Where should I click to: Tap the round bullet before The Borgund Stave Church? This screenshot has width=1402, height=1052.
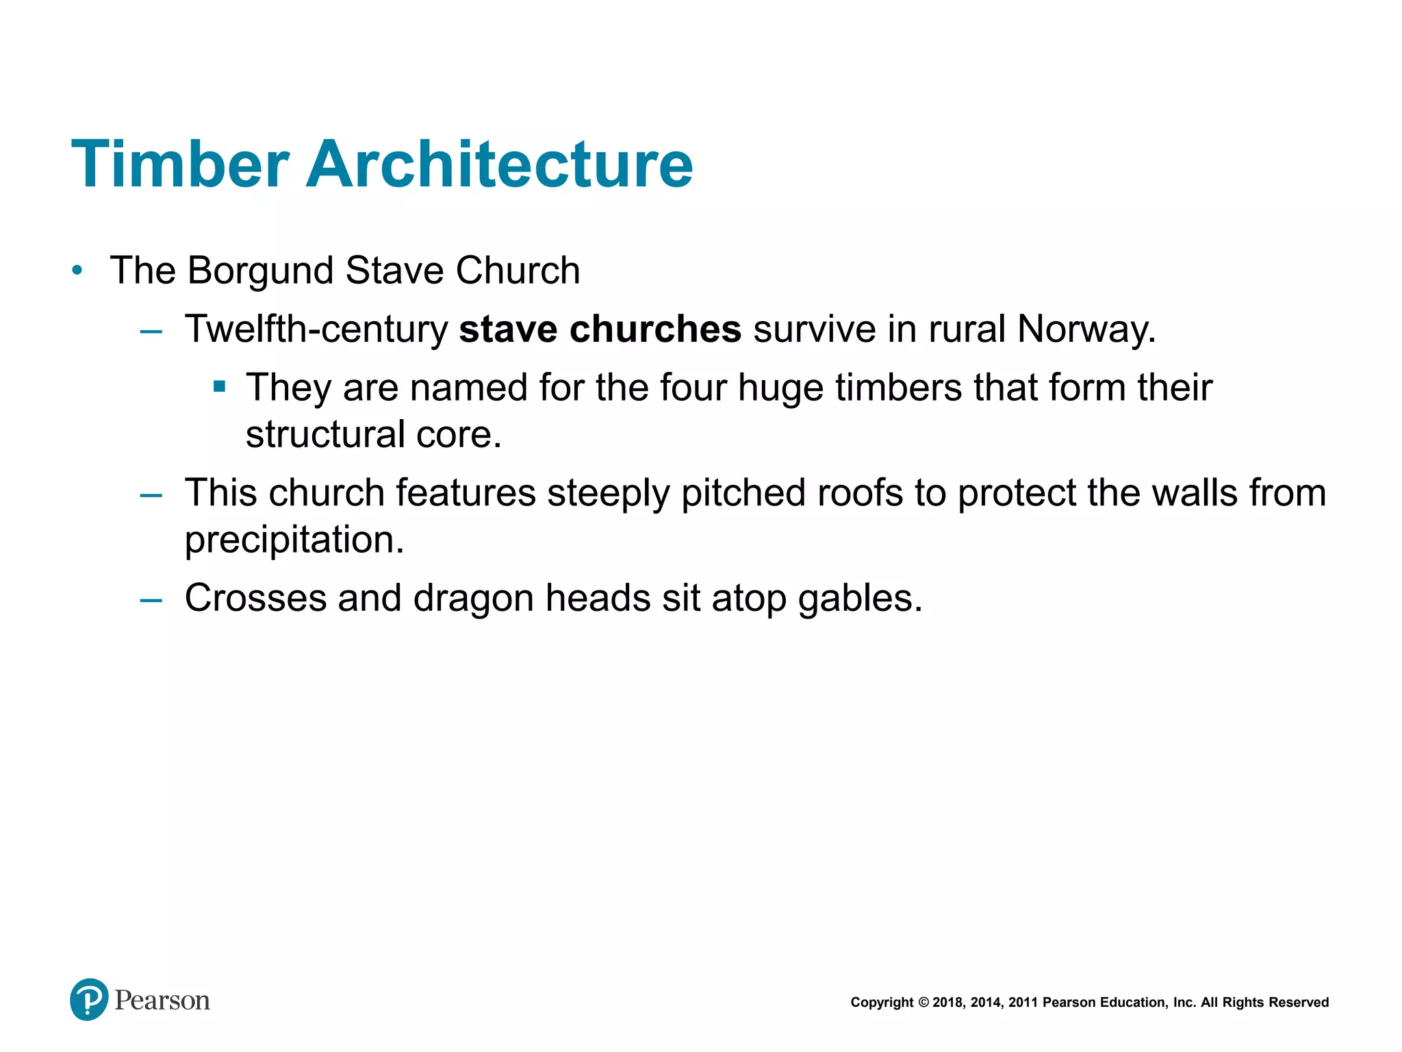[77, 271]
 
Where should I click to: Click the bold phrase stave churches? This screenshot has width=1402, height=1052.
[600, 329]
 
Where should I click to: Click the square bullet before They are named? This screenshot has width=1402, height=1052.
[220, 387]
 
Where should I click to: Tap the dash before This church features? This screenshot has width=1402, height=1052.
[151, 494]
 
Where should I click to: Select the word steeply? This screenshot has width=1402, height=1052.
[608, 494]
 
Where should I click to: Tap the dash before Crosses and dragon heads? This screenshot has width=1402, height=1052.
[151, 600]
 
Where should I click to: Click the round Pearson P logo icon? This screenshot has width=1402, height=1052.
[89, 999]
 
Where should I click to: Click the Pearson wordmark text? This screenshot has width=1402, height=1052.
[162, 1000]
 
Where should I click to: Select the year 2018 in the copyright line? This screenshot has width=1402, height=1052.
[948, 1003]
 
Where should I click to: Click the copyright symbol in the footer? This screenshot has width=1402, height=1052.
[923, 1003]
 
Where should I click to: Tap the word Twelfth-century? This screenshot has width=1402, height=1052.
[316, 329]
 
